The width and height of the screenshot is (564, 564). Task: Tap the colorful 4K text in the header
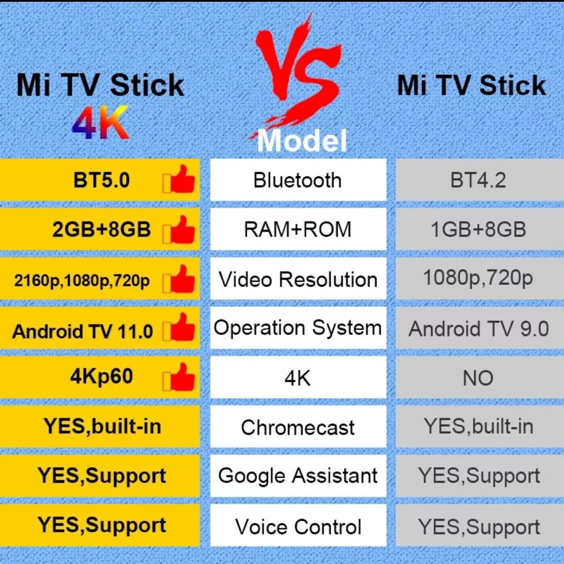pyautogui.click(x=100, y=122)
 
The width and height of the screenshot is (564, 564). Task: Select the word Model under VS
pyautogui.click(x=302, y=141)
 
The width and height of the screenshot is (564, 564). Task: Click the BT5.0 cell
pyautogui.click(x=101, y=180)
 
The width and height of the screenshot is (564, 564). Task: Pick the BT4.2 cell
pyautogui.click(x=478, y=180)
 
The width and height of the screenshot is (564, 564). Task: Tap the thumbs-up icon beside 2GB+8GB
pyautogui.click(x=179, y=230)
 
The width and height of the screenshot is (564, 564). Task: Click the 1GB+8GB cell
pyautogui.click(x=478, y=230)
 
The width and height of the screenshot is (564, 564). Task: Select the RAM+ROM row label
pyautogui.click(x=298, y=230)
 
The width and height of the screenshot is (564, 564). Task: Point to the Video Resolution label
pyautogui.click(x=298, y=279)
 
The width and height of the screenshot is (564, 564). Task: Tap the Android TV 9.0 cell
pyautogui.click(x=479, y=329)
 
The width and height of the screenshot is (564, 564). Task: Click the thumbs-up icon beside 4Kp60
pyautogui.click(x=179, y=378)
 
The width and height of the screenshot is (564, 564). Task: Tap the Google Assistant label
pyautogui.click(x=298, y=476)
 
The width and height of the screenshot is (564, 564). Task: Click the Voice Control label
pyautogui.click(x=298, y=527)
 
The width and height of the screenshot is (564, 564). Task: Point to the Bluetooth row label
pyautogui.click(x=298, y=180)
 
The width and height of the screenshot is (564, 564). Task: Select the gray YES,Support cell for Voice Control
pyautogui.click(x=479, y=527)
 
